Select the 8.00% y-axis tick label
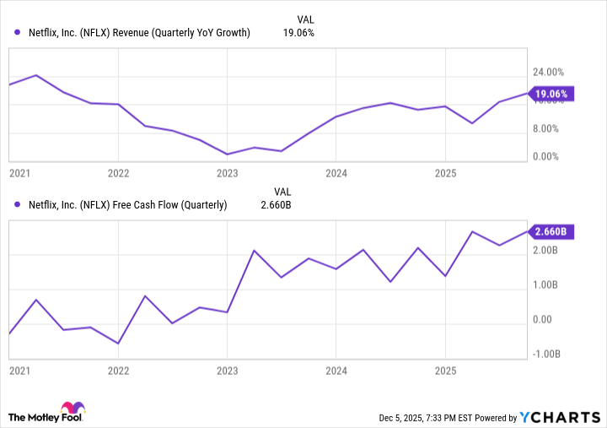547,129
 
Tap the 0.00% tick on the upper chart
547,157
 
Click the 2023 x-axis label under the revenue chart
228,173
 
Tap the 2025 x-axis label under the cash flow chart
445,371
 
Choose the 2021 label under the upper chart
19,173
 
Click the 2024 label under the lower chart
336,371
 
